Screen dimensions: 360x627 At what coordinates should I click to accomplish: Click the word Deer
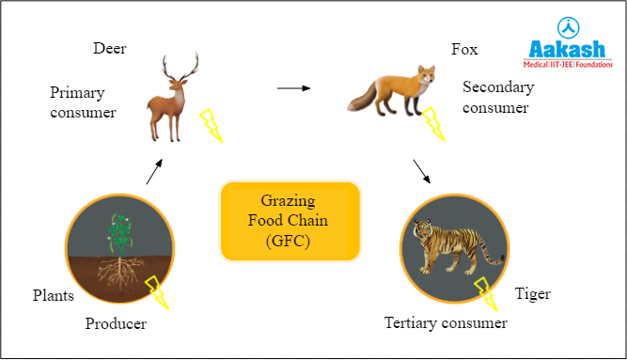[109, 47]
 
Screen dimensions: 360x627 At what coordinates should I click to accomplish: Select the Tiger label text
[532, 294]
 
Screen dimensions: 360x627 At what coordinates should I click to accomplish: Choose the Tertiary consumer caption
[446, 323]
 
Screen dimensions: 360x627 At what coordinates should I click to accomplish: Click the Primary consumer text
[83, 102]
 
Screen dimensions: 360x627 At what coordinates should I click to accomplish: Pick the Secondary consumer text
[497, 97]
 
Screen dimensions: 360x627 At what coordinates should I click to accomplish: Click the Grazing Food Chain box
[290, 221]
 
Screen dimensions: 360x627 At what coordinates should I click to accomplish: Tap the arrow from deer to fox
[293, 88]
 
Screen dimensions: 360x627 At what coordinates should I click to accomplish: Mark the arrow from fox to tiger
[422, 170]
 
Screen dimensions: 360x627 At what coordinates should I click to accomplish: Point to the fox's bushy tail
[362, 98]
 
